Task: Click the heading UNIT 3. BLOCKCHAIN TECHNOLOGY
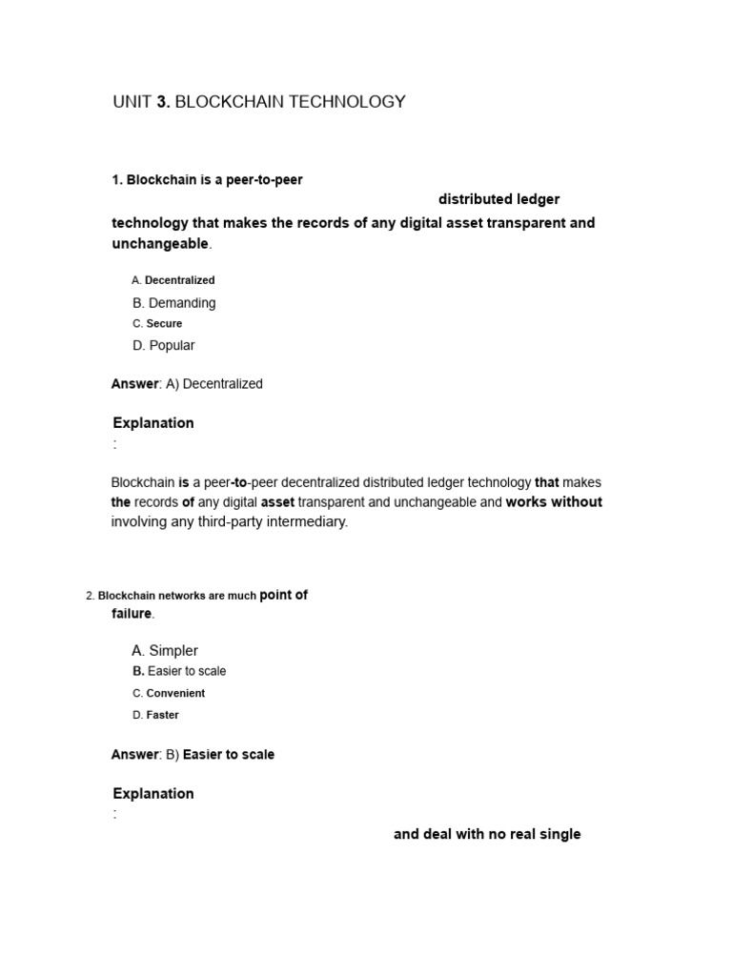(259, 102)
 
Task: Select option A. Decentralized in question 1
(173, 280)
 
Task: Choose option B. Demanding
(174, 303)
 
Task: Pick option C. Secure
(157, 324)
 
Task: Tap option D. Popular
(164, 345)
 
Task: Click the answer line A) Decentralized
(187, 384)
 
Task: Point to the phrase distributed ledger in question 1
(498, 199)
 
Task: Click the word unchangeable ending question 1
(160, 244)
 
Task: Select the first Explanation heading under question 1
(153, 423)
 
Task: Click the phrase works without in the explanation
(554, 502)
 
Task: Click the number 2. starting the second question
(90, 597)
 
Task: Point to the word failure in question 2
(132, 614)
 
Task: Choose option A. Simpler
(165, 651)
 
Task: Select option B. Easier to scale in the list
(179, 672)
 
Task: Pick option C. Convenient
(169, 694)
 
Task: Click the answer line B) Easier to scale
(193, 755)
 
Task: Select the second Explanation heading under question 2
(153, 794)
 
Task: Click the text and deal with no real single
(487, 835)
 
